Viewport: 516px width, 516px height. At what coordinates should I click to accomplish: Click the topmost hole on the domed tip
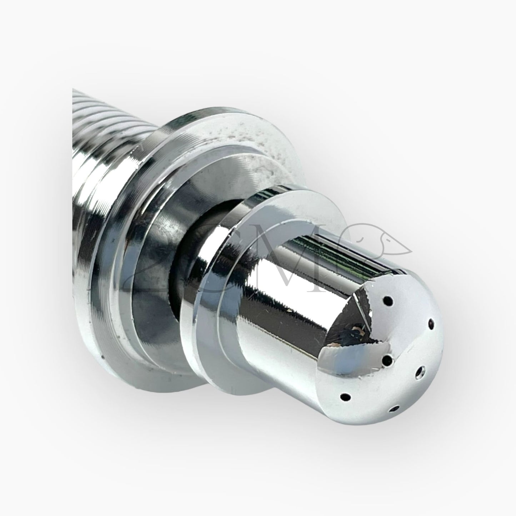click(x=389, y=301)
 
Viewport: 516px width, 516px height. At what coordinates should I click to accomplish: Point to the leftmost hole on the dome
click(x=345, y=396)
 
